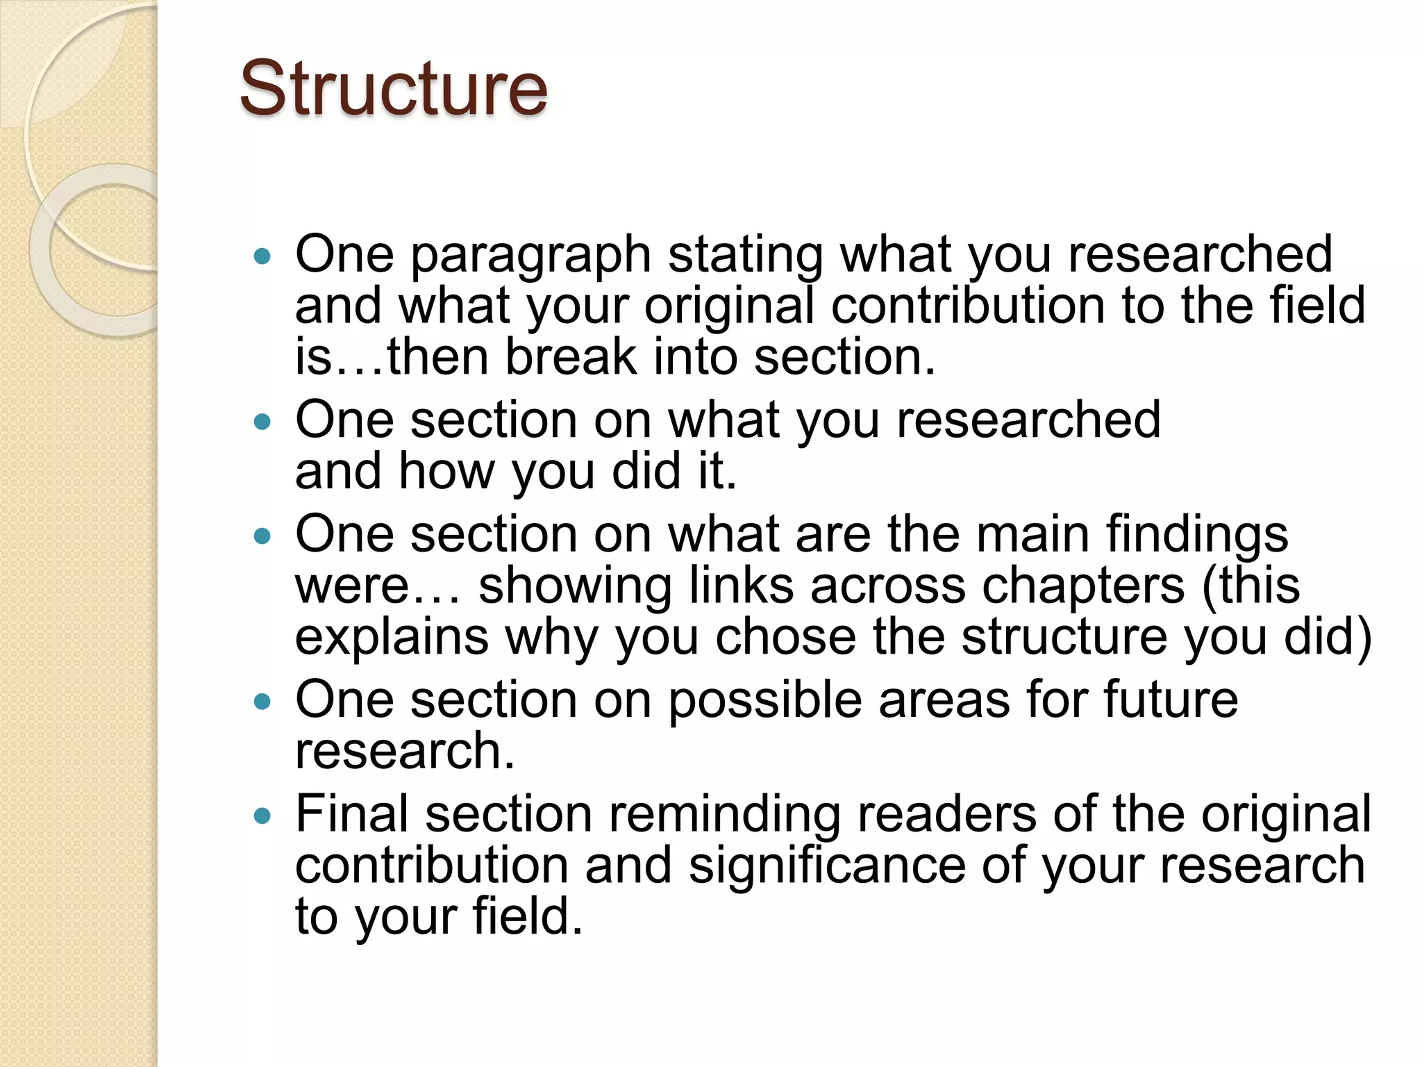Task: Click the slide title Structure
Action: click(x=394, y=89)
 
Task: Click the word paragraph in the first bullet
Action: click(x=530, y=256)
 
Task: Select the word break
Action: click(x=570, y=357)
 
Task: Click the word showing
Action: click(x=575, y=586)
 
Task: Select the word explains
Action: click(x=392, y=638)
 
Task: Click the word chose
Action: click(x=785, y=636)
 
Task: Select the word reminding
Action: click(x=724, y=815)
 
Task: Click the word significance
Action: click(x=827, y=866)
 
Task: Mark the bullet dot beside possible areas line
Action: click(x=262, y=702)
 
